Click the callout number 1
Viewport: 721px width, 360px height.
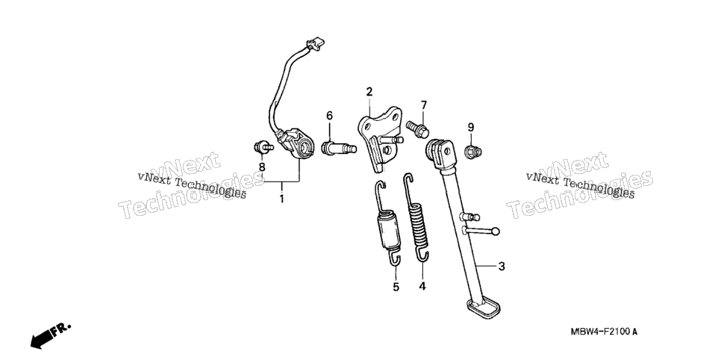[x=281, y=199]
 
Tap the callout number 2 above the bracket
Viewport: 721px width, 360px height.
[x=369, y=92]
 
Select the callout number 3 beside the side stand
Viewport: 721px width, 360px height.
[x=502, y=266]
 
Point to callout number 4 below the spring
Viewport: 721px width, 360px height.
[x=422, y=286]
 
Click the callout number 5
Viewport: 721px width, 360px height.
[x=396, y=288]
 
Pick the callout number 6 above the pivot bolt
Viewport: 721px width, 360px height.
[x=329, y=116]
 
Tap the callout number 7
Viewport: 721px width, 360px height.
[x=423, y=105]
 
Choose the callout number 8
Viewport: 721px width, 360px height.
[x=262, y=167]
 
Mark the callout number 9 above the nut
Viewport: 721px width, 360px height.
[x=471, y=127]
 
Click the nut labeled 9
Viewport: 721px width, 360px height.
[x=472, y=151]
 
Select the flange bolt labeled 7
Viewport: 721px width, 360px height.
[x=417, y=129]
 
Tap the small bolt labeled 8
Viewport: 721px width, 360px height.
[x=263, y=147]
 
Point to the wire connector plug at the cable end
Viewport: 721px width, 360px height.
[x=316, y=44]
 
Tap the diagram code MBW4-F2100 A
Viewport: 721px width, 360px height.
[x=604, y=332]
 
